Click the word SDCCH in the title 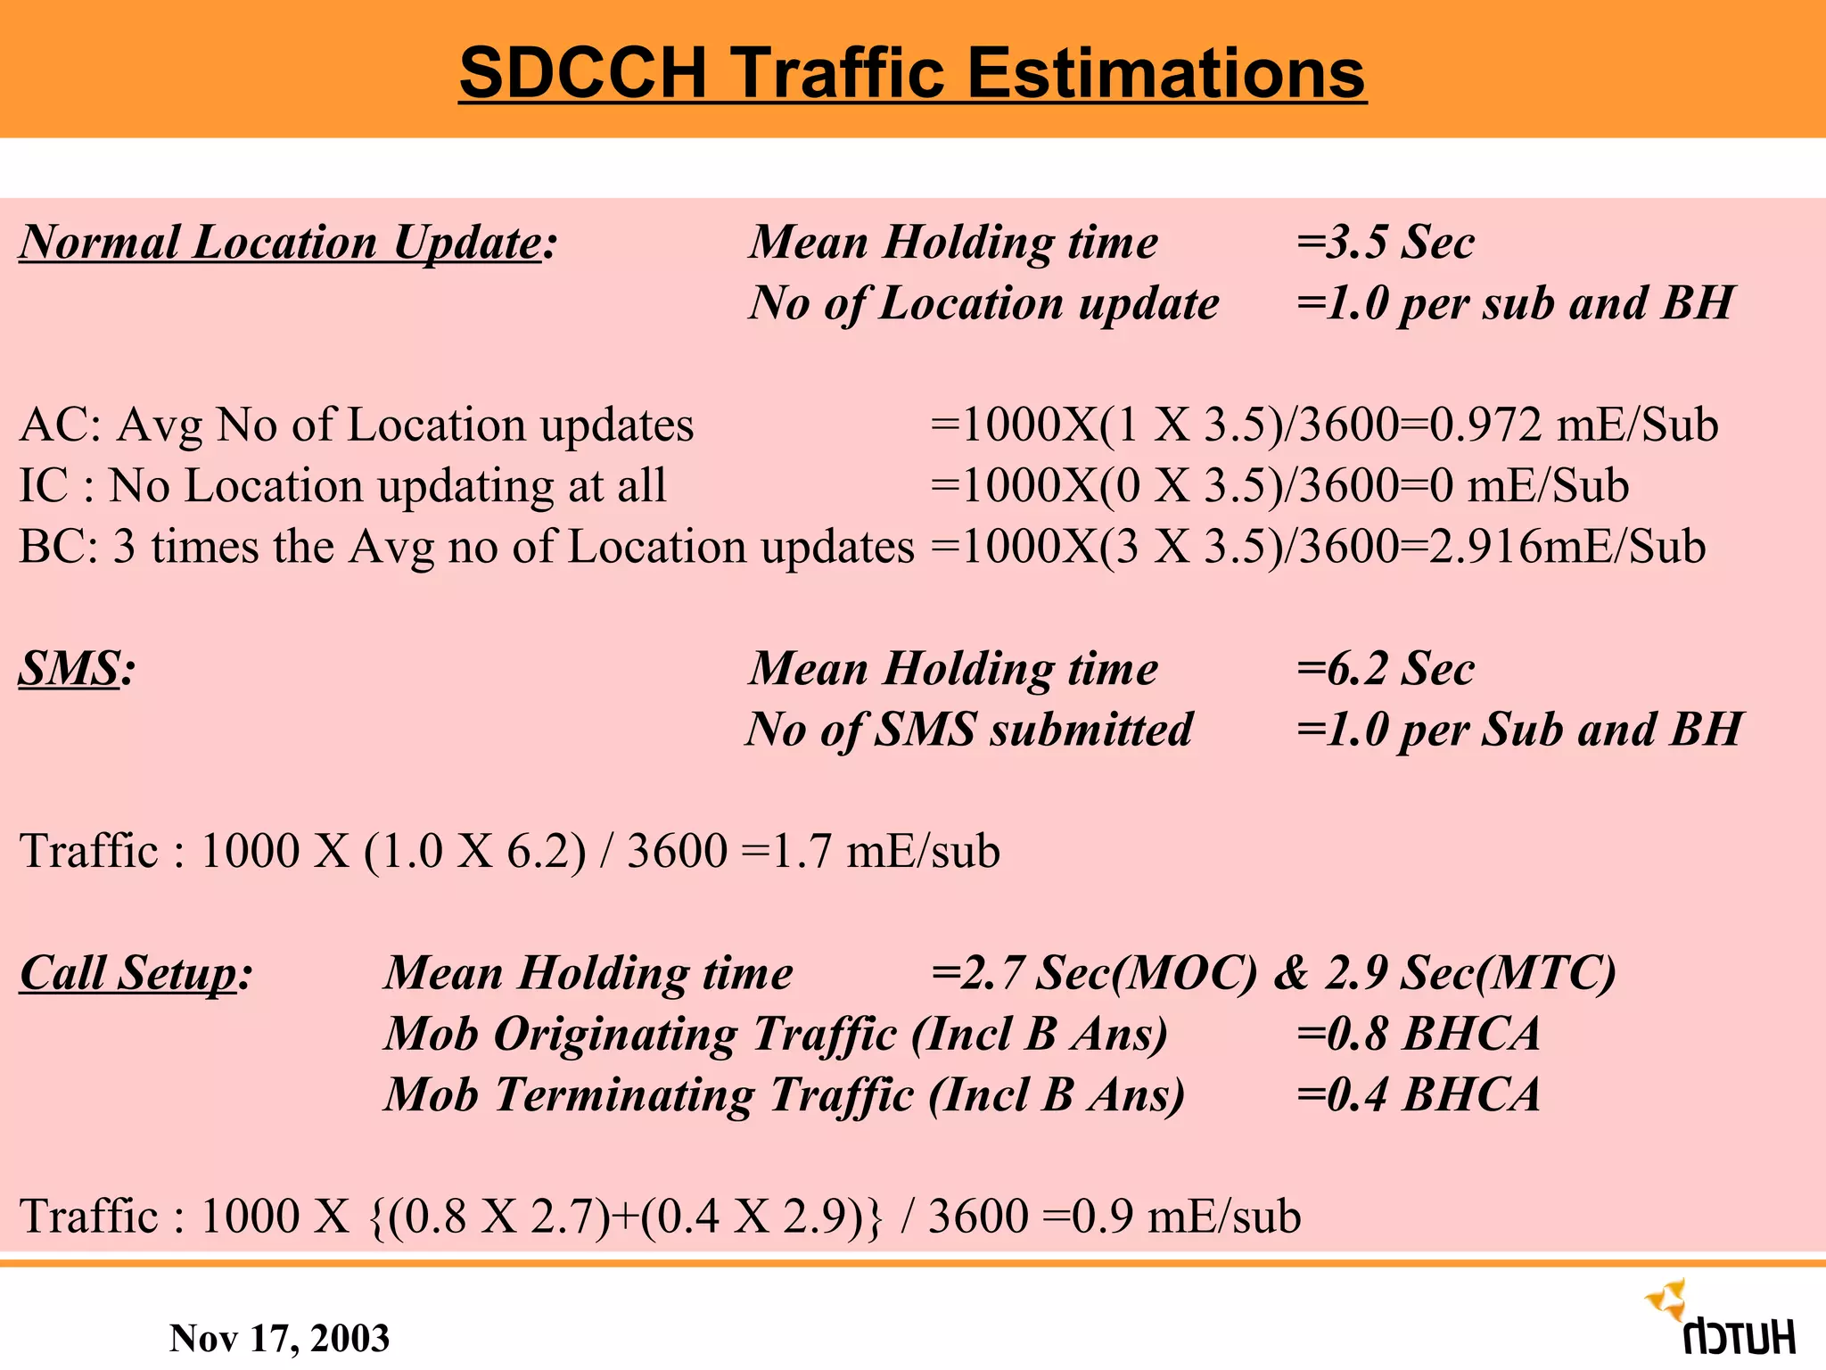pos(583,73)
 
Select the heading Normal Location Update pos(281,243)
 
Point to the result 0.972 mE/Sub pos(1574,425)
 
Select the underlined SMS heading pos(70,669)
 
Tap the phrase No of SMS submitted pos(969,730)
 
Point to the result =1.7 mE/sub pos(870,852)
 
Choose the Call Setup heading pos(129,973)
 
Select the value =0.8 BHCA pos(1418,1035)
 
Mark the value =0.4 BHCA pos(1418,1095)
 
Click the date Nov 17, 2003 pos(279,1338)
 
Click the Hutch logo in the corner pos(1721,1320)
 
